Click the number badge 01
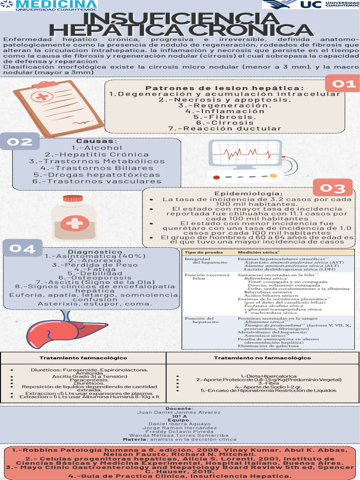click(x=345, y=84)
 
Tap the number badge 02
click(x=19, y=142)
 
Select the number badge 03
click(x=332, y=188)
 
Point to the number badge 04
click(x=22, y=248)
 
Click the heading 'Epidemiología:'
click(x=248, y=194)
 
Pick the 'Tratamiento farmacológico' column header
click(x=83, y=358)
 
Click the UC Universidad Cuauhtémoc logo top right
click(x=311, y=5)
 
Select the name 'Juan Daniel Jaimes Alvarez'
click(x=179, y=412)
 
